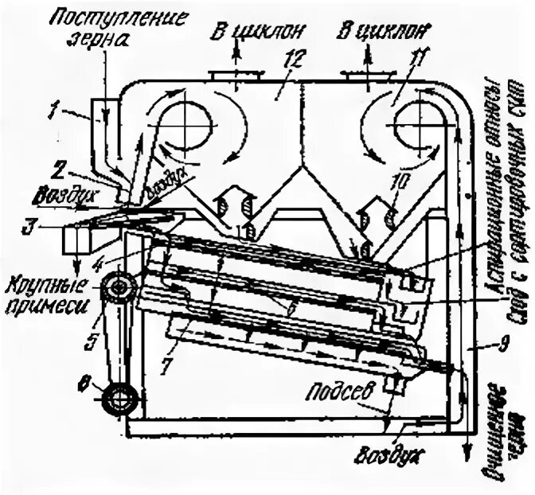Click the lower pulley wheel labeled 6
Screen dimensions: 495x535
pos(120,393)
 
